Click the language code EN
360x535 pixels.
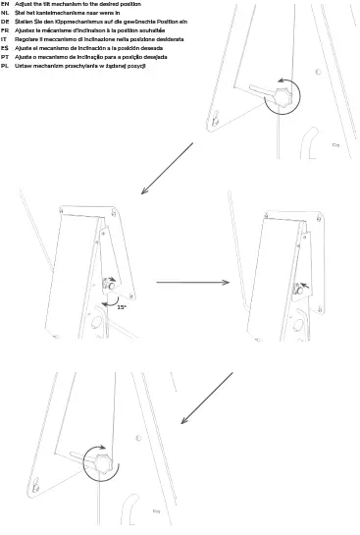pos(6,5)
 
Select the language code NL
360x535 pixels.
pos(6,14)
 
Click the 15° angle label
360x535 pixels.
pos(123,307)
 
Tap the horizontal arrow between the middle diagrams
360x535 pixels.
pos(193,283)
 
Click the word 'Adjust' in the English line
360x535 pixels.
pos(25,5)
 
